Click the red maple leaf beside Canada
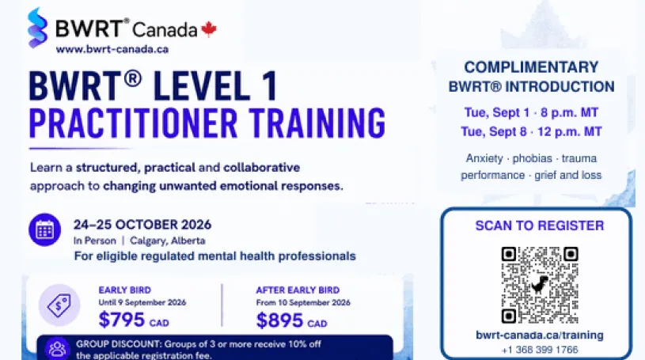click(209, 29)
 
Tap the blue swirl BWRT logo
click(37, 28)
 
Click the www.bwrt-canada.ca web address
click(112, 49)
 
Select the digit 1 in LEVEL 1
click(270, 86)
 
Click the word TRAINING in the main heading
click(317, 123)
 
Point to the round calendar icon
click(45, 229)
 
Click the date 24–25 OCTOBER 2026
click(142, 225)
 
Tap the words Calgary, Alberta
click(168, 241)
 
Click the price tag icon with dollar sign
click(59, 305)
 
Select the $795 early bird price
click(122, 320)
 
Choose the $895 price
click(279, 320)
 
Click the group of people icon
click(57, 348)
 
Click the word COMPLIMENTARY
click(531, 67)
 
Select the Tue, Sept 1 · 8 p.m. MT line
click(531, 112)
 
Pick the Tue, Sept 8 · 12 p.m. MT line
click(531, 131)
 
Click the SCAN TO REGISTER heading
click(539, 225)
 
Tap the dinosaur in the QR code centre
click(539, 284)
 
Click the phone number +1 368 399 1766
click(540, 350)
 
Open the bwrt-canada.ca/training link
click(540, 335)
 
